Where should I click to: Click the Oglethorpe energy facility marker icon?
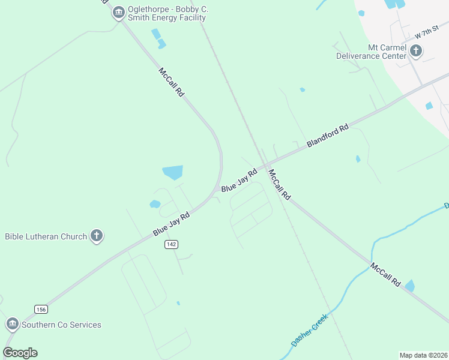(118, 12)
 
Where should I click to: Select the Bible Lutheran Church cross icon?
(97, 236)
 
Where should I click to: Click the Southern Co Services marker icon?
(12, 325)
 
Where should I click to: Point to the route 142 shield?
(171, 244)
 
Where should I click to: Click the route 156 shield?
(41, 309)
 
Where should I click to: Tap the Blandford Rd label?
(328, 136)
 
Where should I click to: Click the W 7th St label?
(427, 32)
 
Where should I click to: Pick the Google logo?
(20, 353)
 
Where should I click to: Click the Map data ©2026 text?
(423, 355)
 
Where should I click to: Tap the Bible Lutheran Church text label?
(46, 236)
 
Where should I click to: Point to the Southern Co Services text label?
(61, 325)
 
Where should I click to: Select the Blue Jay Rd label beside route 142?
(171, 222)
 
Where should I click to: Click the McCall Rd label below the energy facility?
(171, 82)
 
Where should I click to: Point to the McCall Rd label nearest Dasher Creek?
(385, 274)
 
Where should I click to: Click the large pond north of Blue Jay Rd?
(173, 172)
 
